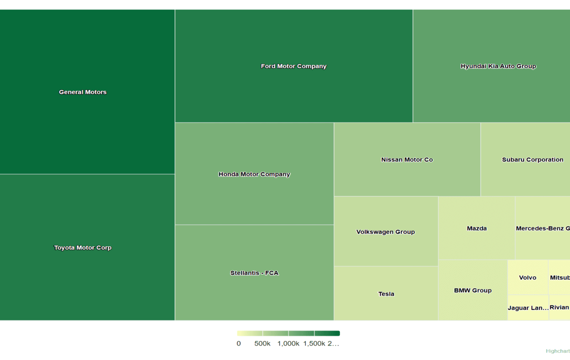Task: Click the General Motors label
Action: (x=82, y=92)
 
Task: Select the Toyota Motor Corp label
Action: (x=82, y=247)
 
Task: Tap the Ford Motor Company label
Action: (x=293, y=66)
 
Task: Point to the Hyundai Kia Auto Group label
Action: (x=498, y=66)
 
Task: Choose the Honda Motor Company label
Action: (x=254, y=174)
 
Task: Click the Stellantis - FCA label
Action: (x=254, y=273)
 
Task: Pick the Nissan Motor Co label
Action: (x=407, y=159)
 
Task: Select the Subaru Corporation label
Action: (x=532, y=159)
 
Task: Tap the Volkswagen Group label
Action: (x=385, y=231)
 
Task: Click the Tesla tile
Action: (x=386, y=293)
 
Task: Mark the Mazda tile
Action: (x=476, y=228)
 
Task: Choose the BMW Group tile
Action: (x=472, y=290)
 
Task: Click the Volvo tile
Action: (x=527, y=277)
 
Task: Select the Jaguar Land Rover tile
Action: (x=528, y=308)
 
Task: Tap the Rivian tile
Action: (x=559, y=307)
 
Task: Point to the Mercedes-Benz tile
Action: (x=542, y=228)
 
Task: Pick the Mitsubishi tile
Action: (x=559, y=277)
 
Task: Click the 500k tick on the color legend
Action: (x=262, y=343)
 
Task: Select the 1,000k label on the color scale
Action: (x=288, y=343)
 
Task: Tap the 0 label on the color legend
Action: (x=238, y=343)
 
